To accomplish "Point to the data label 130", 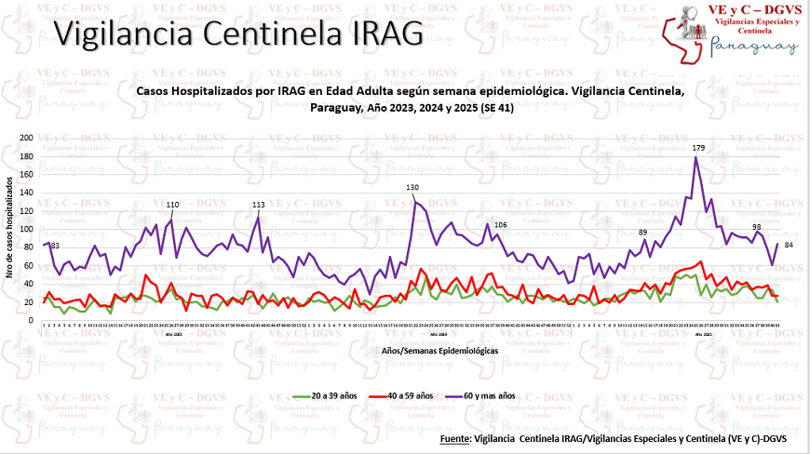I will [412, 188].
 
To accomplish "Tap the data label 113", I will [259, 205].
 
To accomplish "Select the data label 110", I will [172, 205].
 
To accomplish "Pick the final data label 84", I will [789, 245].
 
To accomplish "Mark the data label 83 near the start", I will [55, 245].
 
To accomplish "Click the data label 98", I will [757, 227].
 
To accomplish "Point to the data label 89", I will [642, 232].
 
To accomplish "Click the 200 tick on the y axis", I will [26, 138].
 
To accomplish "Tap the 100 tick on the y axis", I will [26, 229].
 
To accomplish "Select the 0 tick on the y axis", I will [31, 320].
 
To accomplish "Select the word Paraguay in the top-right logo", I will [754, 47].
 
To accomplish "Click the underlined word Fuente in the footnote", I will [453, 437].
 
